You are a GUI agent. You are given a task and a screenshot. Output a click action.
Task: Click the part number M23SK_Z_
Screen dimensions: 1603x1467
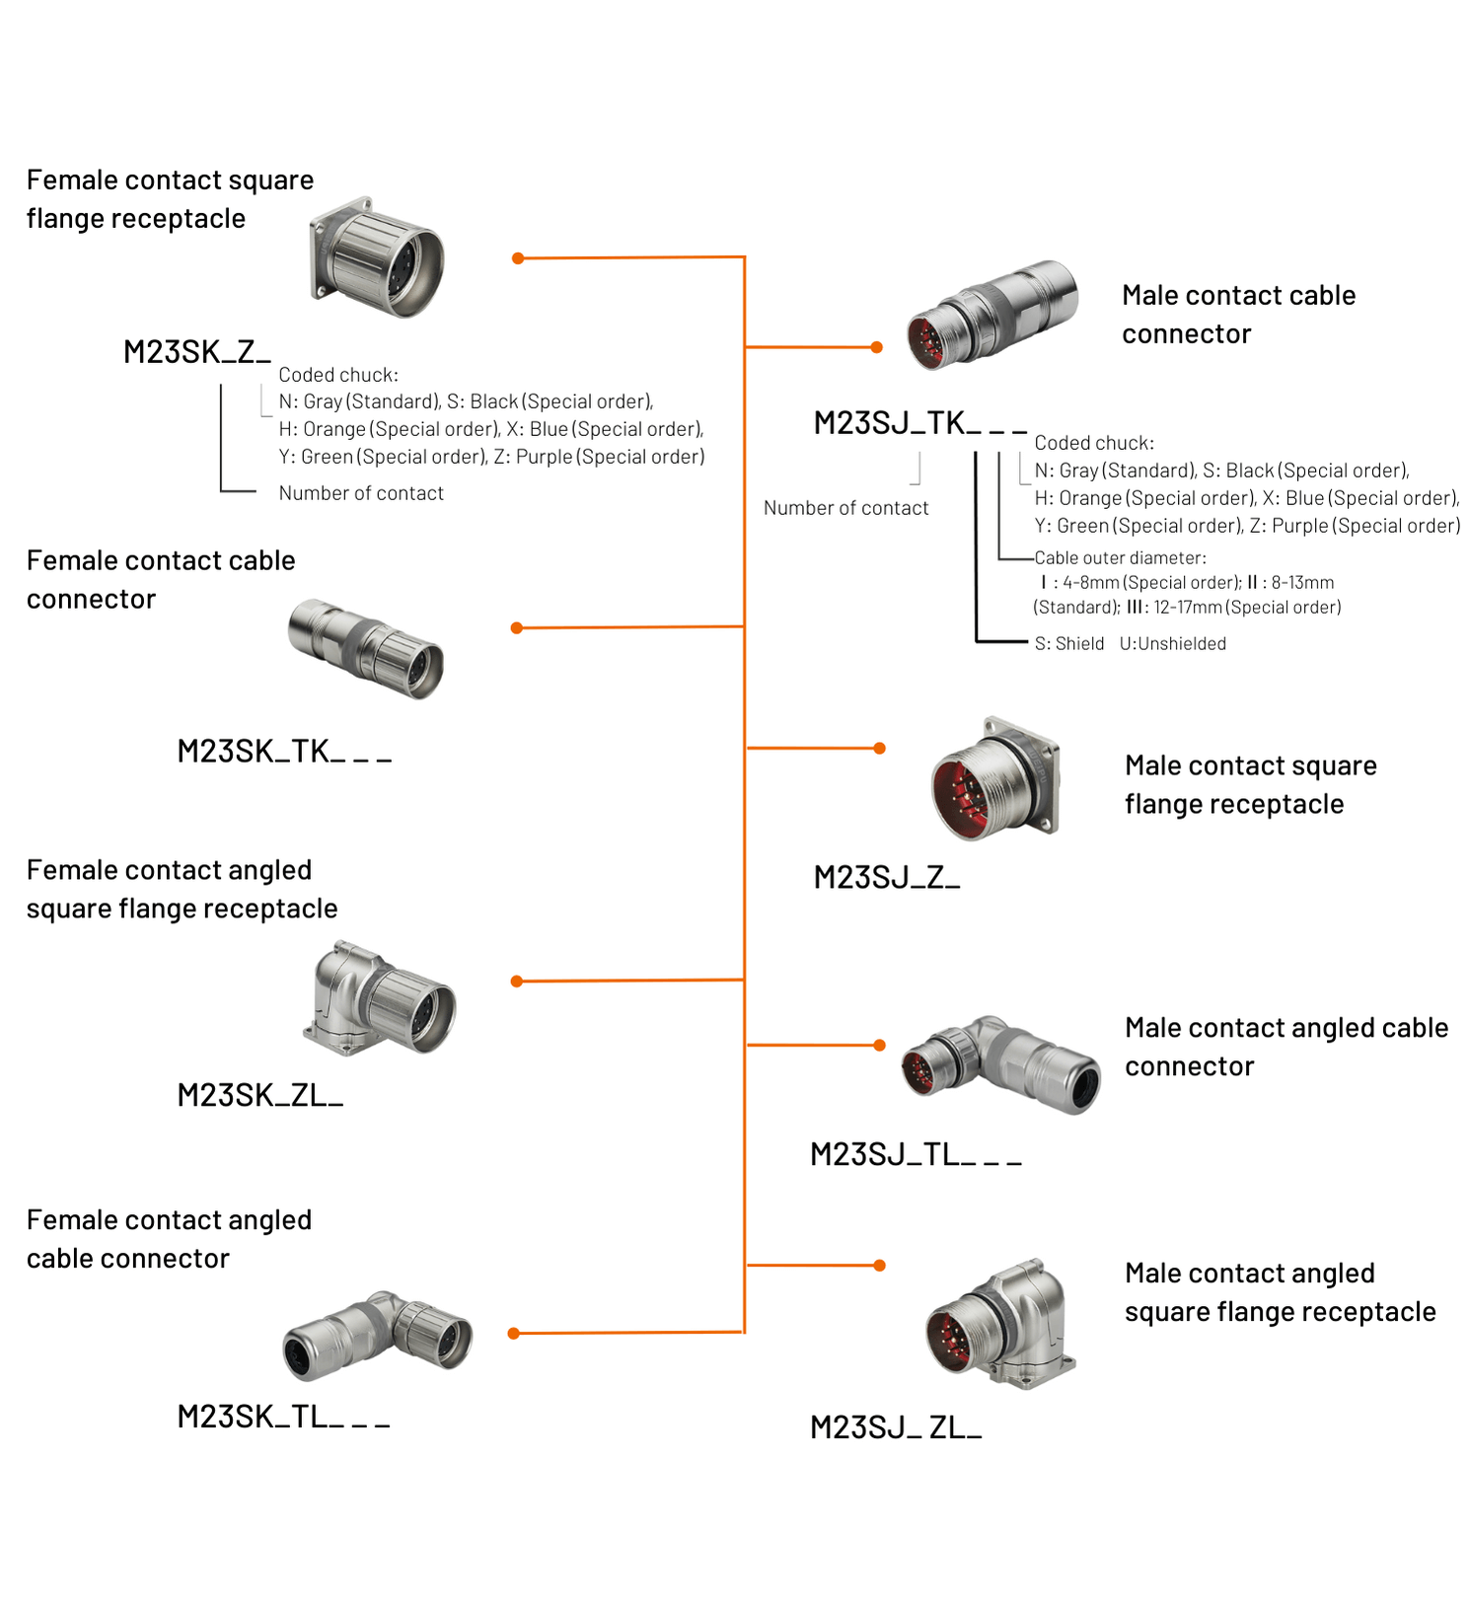(196, 352)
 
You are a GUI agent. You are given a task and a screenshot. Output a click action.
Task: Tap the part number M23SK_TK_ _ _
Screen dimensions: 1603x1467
(284, 752)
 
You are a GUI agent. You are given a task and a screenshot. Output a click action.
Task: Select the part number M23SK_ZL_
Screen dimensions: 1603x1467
(259, 1095)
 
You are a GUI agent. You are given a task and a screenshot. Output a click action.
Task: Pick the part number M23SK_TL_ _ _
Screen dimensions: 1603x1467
(283, 1417)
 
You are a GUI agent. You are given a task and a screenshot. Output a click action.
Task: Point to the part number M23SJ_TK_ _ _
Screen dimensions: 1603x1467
(919, 423)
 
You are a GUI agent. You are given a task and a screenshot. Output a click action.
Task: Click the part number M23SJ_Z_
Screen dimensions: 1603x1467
(886, 877)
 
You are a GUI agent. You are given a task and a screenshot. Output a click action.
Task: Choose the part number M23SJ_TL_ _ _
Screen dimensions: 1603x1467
(916, 1154)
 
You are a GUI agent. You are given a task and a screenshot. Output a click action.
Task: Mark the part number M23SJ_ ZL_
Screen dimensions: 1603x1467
(896, 1427)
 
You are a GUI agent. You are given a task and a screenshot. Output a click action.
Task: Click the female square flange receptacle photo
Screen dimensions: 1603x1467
(378, 257)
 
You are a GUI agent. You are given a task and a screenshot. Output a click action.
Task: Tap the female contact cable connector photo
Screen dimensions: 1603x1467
(366, 647)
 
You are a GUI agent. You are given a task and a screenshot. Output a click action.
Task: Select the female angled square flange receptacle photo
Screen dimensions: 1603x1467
(380, 998)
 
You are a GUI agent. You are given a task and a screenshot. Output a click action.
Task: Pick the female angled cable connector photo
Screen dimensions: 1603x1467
(378, 1333)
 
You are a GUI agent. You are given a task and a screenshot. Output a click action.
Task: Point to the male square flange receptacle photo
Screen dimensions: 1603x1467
(995, 778)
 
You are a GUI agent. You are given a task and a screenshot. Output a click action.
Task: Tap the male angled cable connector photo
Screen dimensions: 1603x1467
(1000, 1064)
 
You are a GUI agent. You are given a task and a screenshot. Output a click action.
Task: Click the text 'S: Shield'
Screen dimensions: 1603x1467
(1069, 644)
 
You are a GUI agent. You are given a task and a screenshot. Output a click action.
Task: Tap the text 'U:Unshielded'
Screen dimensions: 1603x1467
(1173, 644)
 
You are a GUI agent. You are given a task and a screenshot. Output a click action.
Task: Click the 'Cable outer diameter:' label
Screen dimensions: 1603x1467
(1120, 558)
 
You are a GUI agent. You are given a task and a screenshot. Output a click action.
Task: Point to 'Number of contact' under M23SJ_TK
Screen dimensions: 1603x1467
(845, 508)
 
